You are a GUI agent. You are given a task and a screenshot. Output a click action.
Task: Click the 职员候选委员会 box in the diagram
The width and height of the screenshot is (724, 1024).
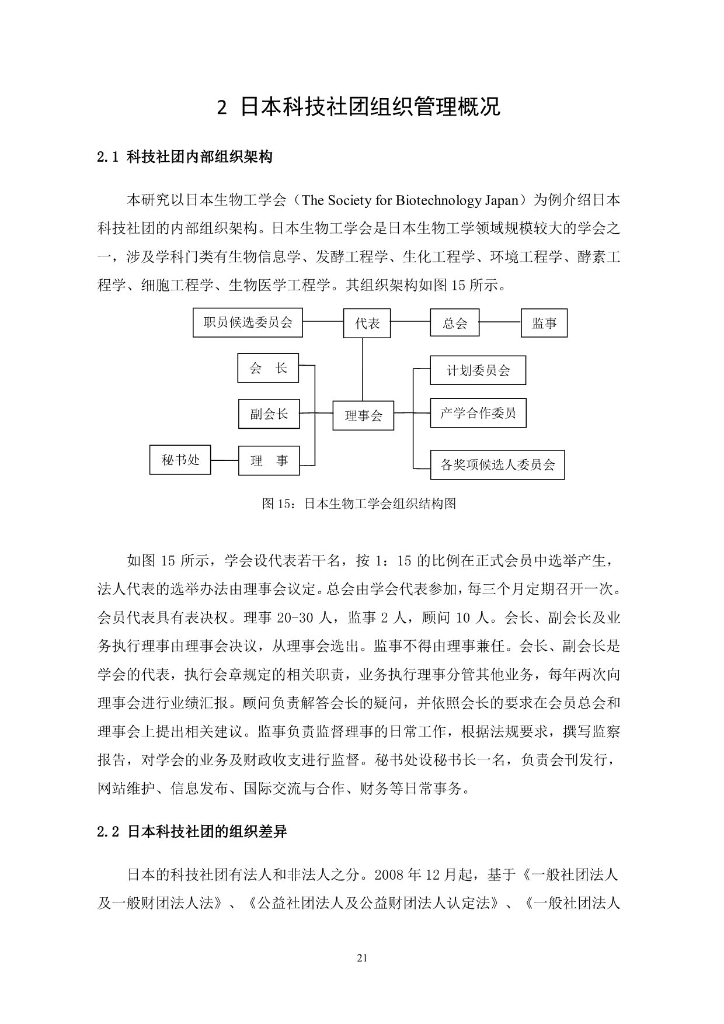pyautogui.click(x=248, y=322)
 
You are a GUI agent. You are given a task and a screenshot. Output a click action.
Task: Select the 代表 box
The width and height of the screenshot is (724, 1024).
pyautogui.click(x=367, y=323)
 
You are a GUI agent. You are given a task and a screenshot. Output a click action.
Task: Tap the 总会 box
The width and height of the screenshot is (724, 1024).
pyautogui.click(x=455, y=323)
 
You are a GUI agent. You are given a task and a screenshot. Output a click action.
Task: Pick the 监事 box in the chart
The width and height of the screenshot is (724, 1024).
pyautogui.click(x=544, y=323)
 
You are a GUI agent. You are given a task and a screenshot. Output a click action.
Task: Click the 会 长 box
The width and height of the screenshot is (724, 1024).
pyautogui.click(x=268, y=368)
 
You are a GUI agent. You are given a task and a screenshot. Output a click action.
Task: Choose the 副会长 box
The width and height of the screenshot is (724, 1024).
pyautogui.click(x=269, y=414)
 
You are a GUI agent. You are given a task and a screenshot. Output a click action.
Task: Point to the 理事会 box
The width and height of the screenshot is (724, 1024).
pyautogui.click(x=363, y=415)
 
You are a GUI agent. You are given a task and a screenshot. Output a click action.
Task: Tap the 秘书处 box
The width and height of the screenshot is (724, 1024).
pyautogui.click(x=180, y=460)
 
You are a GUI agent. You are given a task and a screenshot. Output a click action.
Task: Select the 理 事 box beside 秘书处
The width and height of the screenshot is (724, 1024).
pyautogui.click(x=269, y=460)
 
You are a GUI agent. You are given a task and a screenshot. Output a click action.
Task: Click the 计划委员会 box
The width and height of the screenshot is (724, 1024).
pyautogui.click(x=478, y=370)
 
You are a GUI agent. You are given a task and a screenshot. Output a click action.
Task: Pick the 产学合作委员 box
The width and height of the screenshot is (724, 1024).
pyautogui.click(x=478, y=414)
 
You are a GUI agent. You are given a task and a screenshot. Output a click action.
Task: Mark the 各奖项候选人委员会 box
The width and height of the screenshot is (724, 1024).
pyautogui.click(x=497, y=465)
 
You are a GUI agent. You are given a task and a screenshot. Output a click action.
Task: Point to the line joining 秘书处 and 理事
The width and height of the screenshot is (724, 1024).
pyautogui.click(x=224, y=460)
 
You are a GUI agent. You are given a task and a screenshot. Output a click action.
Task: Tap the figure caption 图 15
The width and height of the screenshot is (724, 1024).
pyautogui.click(x=358, y=504)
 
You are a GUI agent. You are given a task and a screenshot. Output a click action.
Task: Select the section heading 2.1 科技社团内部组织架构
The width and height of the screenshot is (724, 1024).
pyautogui.click(x=185, y=157)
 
